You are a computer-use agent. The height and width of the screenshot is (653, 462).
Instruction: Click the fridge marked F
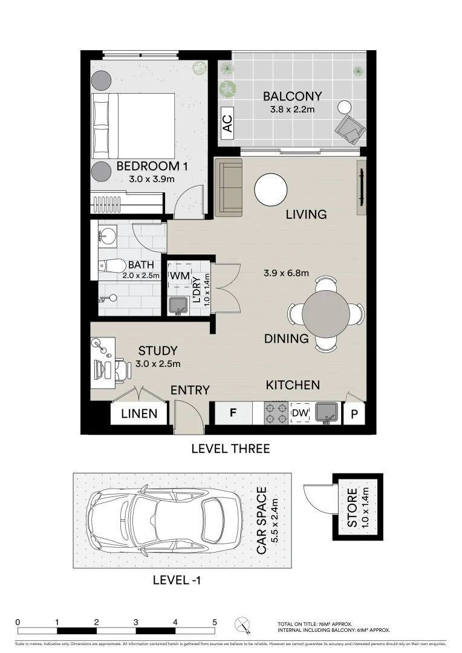(x=233, y=414)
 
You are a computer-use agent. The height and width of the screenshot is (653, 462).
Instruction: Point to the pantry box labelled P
(x=354, y=414)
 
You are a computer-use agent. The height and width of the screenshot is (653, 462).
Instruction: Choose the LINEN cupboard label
(x=139, y=414)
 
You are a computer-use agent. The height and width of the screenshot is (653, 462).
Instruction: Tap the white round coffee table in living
(x=270, y=190)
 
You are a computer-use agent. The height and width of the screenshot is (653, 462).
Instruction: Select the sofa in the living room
(x=229, y=187)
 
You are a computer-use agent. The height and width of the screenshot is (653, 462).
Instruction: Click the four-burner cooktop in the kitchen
(x=276, y=413)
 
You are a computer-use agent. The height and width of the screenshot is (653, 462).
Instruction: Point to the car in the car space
(x=163, y=520)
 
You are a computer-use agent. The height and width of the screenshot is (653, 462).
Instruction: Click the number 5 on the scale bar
(x=215, y=622)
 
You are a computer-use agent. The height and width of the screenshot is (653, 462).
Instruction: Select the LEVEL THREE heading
(x=230, y=449)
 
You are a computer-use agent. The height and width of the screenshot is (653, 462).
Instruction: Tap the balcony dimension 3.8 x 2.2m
(x=292, y=110)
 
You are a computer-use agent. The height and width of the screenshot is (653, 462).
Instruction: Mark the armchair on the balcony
(x=351, y=128)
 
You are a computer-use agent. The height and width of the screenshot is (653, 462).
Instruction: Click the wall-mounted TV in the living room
(x=362, y=187)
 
